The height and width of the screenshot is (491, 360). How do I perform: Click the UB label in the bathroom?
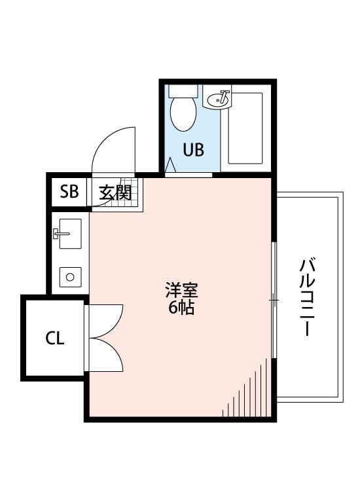click(x=193, y=150)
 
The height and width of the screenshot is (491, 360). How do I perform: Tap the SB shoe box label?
click(x=69, y=192)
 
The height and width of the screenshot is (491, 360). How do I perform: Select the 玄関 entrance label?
click(x=115, y=192)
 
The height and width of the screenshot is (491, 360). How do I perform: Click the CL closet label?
click(x=54, y=338)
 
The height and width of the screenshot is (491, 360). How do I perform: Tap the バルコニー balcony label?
click(x=308, y=298)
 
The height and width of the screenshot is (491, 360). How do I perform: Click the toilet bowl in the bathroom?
click(x=183, y=113)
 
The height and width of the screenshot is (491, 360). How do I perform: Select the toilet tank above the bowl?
click(x=183, y=90)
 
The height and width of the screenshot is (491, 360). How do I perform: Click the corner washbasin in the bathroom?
click(x=218, y=100)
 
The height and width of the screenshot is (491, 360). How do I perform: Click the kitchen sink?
click(x=69, y=234)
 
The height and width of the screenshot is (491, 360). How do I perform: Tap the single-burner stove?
click(x=69, y=277)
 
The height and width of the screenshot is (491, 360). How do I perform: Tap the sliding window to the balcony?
click(x=274, y=299)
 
